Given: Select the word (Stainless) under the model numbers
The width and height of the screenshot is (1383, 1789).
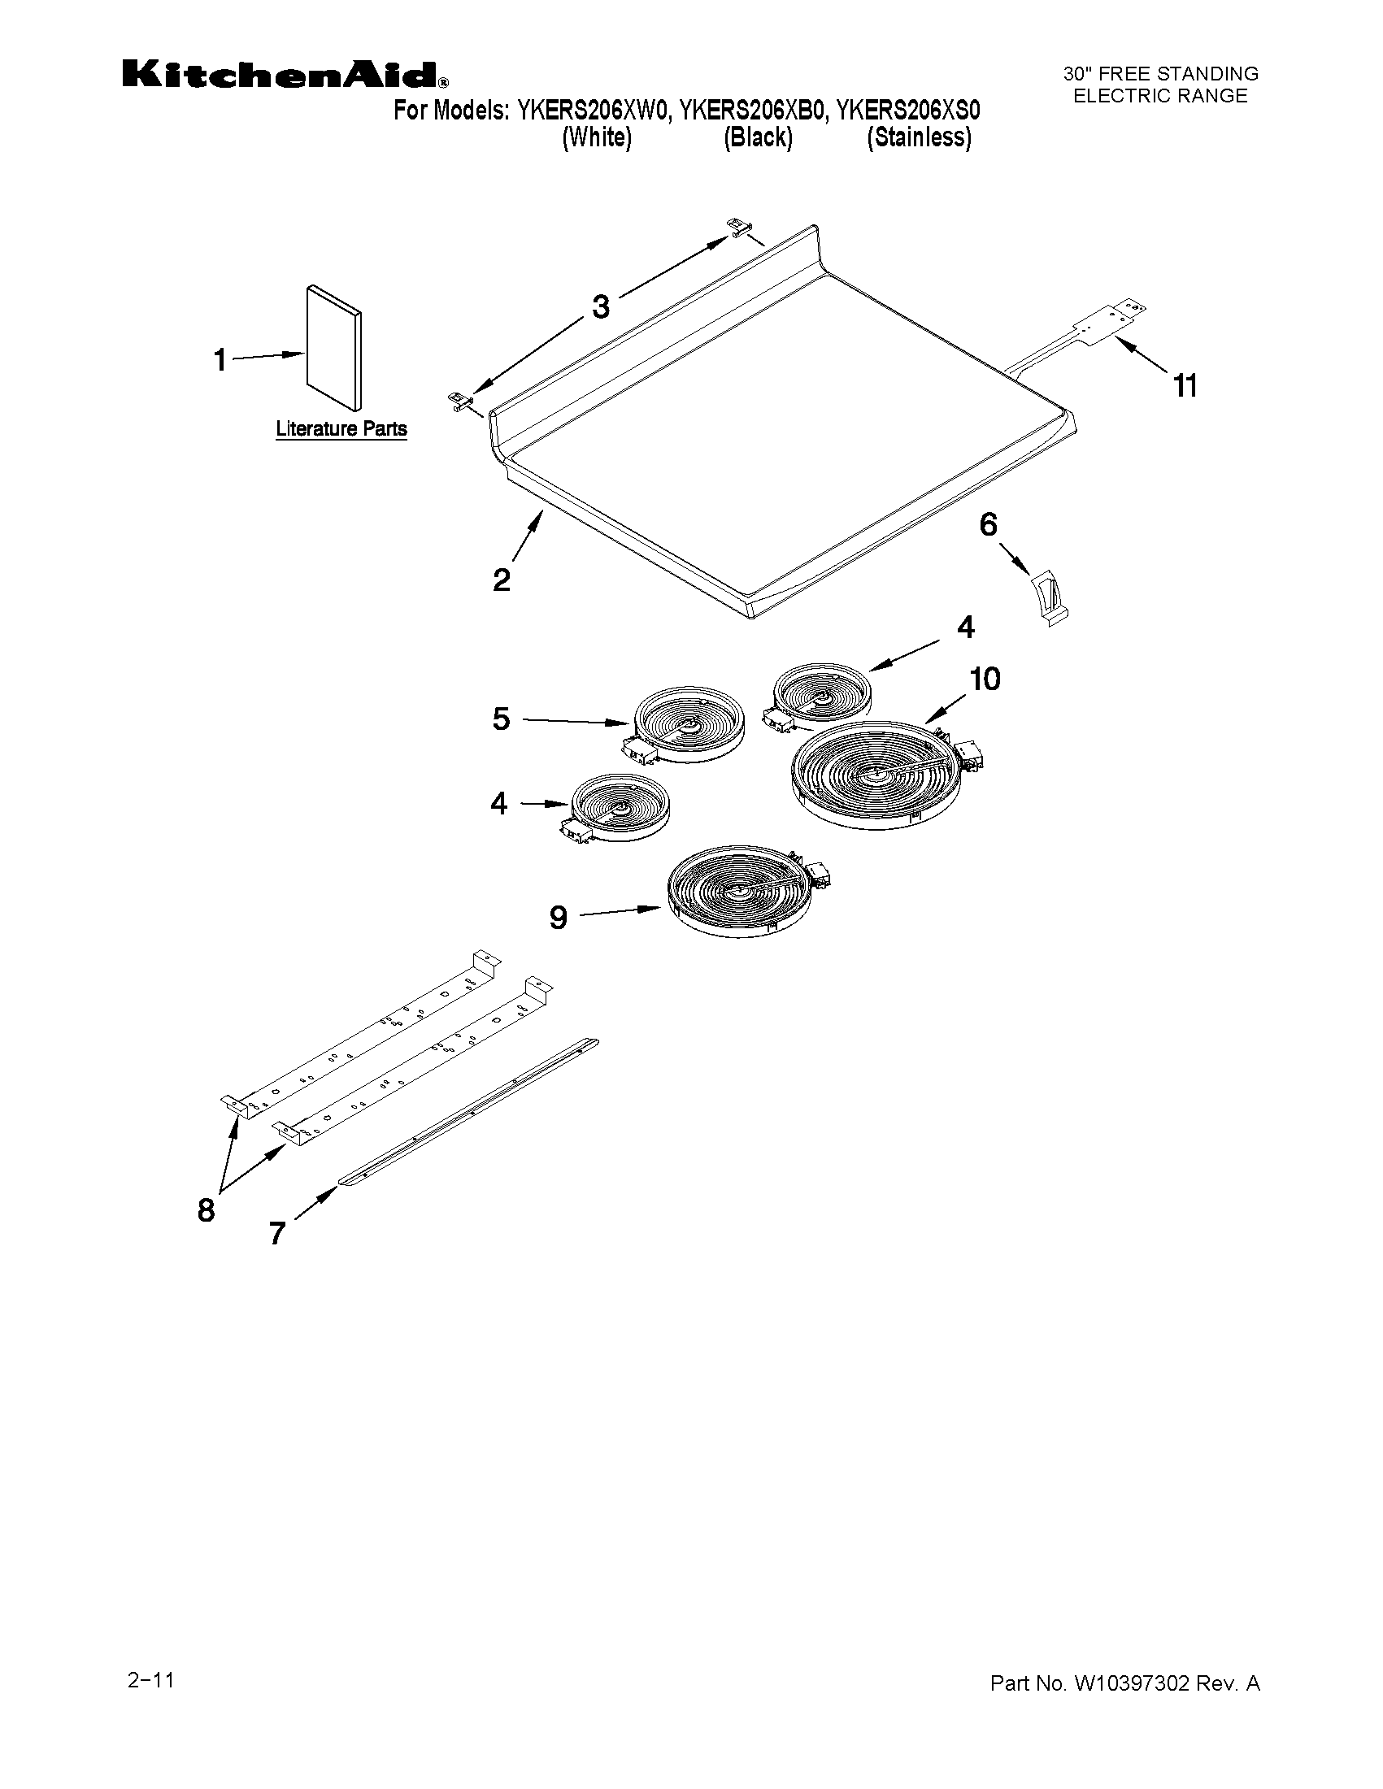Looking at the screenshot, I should click(x=920, y=137).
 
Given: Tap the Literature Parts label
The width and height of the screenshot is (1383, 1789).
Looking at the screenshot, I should click(x=341, y=428).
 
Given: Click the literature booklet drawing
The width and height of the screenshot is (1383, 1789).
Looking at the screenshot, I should click(x=333, y=347).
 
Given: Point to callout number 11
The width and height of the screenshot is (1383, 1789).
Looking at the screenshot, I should click(x=1185, y=384).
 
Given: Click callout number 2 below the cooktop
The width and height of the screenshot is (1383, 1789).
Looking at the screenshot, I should click(x=501, y=580).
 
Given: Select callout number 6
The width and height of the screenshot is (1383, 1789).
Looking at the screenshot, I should click(x=988, y=524).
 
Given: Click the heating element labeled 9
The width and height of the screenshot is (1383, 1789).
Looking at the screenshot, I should click(x=742, y=897).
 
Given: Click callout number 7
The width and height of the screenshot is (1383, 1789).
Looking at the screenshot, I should click(x=277, y=1233).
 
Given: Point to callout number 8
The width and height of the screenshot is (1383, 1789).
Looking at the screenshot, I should click(x=206, y=1209).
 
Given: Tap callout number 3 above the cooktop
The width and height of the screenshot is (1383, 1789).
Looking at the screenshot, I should click(x=601, y=307).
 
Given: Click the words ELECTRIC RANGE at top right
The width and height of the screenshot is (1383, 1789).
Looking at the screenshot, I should click(x=1160, y=96).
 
